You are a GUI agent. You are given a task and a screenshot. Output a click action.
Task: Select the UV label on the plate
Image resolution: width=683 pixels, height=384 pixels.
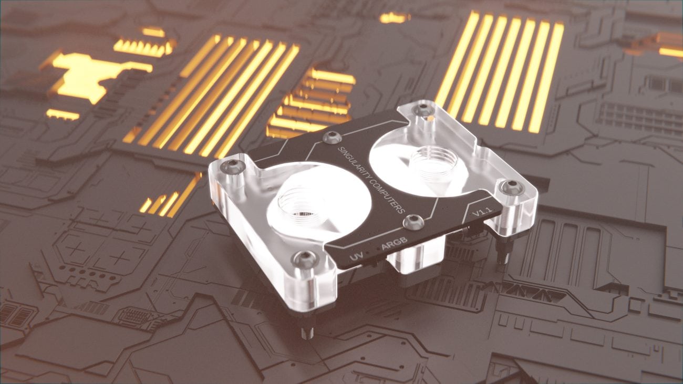click(x=356, y=258)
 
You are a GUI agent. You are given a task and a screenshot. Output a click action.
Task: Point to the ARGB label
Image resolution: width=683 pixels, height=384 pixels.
click(x=395, y=245)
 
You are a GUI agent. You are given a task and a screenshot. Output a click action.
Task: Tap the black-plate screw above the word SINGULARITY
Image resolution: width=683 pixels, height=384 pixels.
click(x=332, y=138)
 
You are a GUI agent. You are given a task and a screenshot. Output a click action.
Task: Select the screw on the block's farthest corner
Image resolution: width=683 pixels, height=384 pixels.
click(x=422, y=110)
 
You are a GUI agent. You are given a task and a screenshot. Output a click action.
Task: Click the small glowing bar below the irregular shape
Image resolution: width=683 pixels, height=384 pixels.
click(x=63, y=115)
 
